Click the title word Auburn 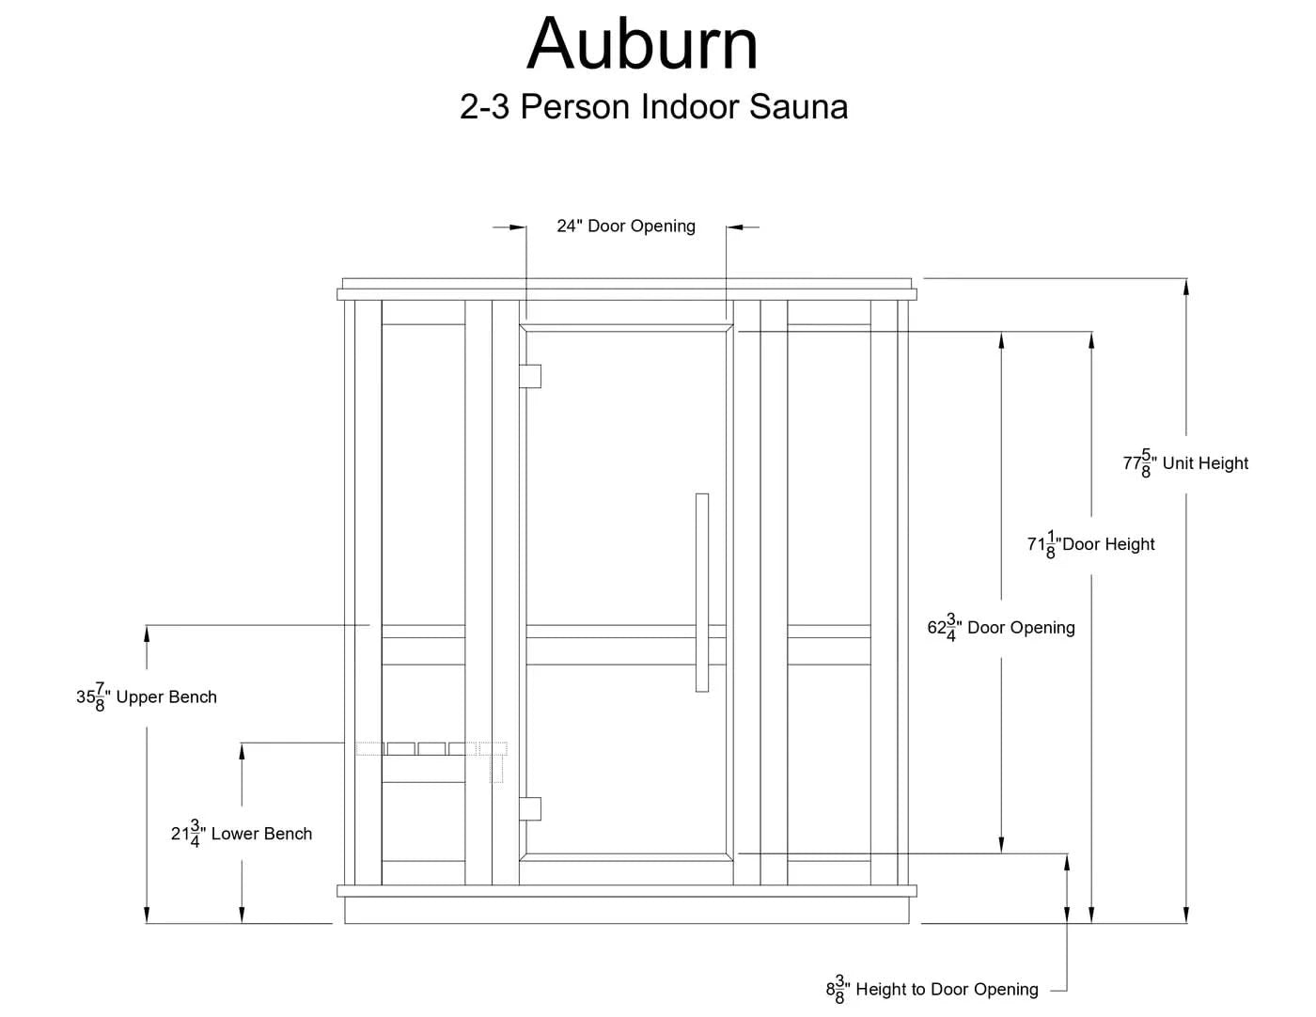(x=642, y=44)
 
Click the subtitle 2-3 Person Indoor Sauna (x=653, y=106)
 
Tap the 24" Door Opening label (x=625, y=227)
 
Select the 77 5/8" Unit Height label (x=1185, y=463)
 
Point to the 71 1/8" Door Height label (x=1090, y=544)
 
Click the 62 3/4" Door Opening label (x=1001, y=628)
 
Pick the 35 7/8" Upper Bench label (x=147, y=697)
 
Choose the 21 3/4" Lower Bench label (x=242, y=834)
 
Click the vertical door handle (x=702, y=592)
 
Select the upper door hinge (x=530, y=376)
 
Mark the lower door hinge (x=530, y=808)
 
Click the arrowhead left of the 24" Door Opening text (x=516, y=227)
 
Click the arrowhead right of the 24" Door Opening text (x=736, y=227)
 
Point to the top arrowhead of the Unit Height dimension (x=1185, y=287)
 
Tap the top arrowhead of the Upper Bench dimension (x=147, y=634)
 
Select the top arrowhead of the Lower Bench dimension (x=242, y=752)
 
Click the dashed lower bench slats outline (x=431, y=749)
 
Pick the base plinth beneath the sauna (x=627, y=911)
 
